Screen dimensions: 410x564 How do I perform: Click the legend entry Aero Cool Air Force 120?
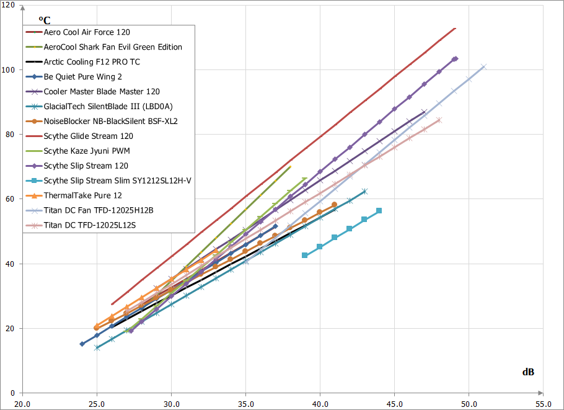[x=87, y=32]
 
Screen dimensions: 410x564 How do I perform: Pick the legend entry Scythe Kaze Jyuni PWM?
[x=87, y=151]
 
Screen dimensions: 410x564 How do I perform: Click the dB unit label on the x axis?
[x=528, y=372]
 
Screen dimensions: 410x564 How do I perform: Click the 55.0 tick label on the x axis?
[x=544, y=403]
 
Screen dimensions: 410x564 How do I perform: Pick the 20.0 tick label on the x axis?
[x=22, y=403]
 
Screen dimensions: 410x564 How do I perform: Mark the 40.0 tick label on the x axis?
[x=320, y=403]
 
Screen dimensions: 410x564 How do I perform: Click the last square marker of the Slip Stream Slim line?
[x=379, y=211]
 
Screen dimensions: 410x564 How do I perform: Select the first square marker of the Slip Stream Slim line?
[x=305, y=256]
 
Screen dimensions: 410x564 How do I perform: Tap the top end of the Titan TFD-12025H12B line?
[x=483, y=66]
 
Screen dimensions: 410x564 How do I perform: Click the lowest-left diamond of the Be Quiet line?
[x=82, y=344]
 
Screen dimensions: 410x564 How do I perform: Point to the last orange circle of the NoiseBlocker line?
[x=335, y=205]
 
